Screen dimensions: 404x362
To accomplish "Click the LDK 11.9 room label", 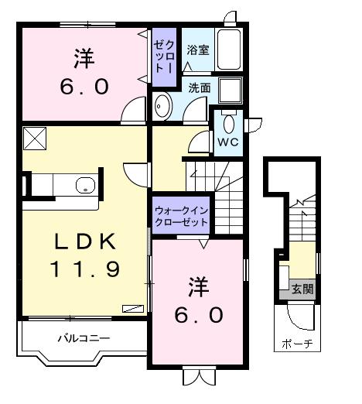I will [x=85, y=255].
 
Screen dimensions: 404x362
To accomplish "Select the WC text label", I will [x=227, y=143].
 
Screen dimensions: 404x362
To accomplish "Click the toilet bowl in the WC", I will [x=228, y=123].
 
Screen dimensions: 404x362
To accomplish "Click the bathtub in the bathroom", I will [x=228, y=50].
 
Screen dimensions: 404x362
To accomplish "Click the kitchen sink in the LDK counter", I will [x=85, y=186].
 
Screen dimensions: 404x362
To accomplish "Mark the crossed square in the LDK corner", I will [x=35, y=139].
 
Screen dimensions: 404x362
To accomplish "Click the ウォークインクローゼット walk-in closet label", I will [x=181, y=216].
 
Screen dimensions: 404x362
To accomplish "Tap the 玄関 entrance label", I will [x=302, y=289].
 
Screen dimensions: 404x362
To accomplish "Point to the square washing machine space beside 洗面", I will [x=229, y=90].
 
